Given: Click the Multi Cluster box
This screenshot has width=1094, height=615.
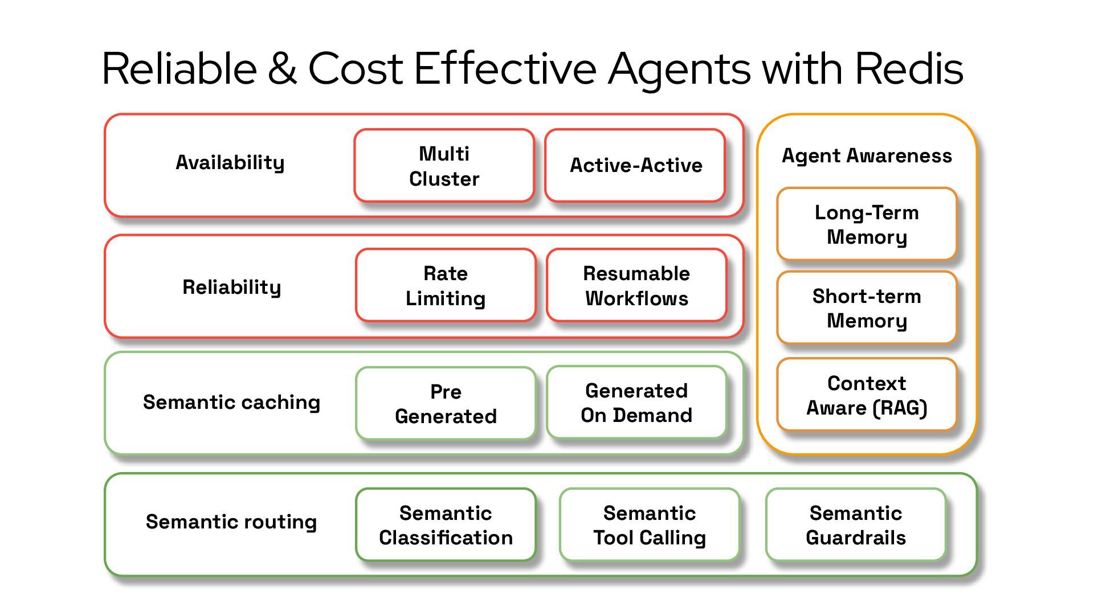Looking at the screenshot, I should (444, 166).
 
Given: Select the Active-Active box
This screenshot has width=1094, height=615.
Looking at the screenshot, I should (635, 166).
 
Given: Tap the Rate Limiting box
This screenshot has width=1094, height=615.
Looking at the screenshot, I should (446, 285).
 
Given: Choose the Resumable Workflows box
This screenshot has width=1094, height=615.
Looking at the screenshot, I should (636, 285).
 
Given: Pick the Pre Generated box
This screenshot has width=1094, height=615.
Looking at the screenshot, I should (446, 404).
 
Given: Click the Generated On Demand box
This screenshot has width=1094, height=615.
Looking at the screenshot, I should (636, 403).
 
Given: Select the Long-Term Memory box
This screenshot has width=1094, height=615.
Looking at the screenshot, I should (867, 224).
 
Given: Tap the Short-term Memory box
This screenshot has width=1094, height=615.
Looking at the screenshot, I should (867, 308).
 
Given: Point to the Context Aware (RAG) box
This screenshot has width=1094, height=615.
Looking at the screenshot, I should (867, 395).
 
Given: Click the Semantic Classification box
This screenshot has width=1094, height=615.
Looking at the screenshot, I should (446, 525).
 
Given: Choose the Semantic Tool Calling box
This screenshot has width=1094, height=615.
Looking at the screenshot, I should (650, 525).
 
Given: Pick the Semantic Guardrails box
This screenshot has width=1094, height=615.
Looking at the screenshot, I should (856, 525).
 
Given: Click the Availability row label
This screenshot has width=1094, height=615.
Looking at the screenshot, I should (230, 163).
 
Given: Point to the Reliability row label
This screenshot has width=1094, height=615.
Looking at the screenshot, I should (231, 287).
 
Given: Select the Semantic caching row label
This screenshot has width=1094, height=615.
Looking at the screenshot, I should (231, 402).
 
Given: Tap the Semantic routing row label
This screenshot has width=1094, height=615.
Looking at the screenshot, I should (231, 522).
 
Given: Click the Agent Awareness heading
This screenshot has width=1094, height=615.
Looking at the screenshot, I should (867, 155).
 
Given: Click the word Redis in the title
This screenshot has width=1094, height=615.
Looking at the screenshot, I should (909, 69).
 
